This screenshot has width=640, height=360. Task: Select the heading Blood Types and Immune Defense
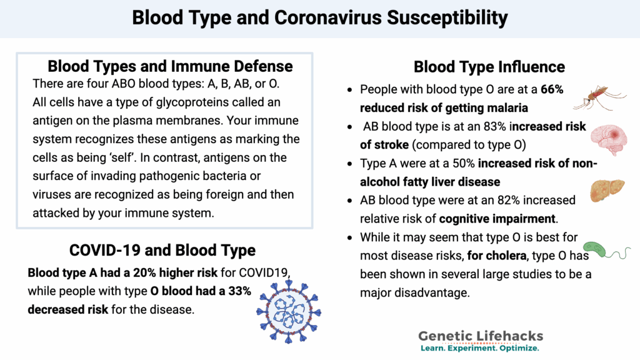pyautogui.click(x=170, y=66)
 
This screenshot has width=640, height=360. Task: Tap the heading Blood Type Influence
pyautogui.click(x=489, y=67)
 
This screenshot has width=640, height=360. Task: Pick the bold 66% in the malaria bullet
pyautogui.click(x=552, y=89)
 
